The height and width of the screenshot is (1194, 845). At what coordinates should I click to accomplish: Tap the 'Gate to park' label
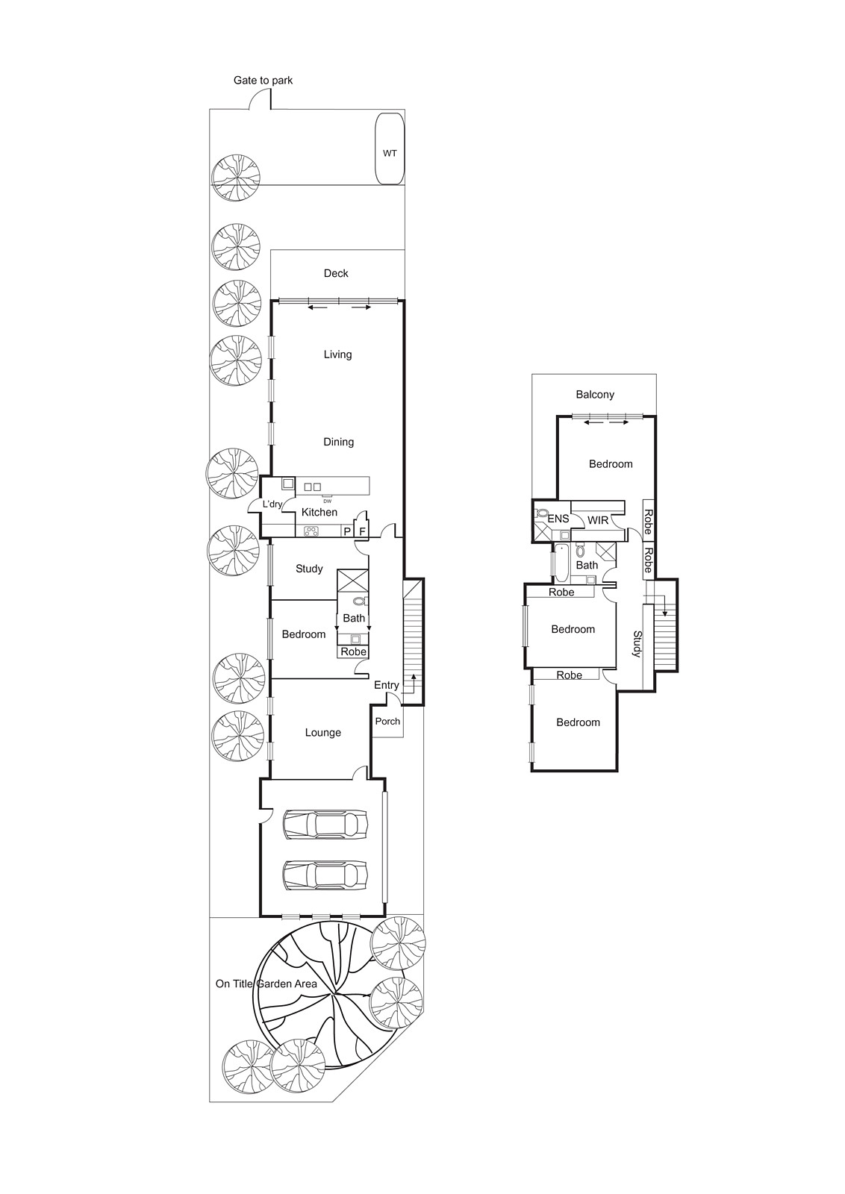click(x=263, y=81)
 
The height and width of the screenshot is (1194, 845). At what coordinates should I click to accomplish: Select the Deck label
click(x=336, y=274)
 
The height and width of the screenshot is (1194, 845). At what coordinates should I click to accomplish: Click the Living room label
click(x=337, y=354)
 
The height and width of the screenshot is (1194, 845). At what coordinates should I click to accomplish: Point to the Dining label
click(x=338, y=442)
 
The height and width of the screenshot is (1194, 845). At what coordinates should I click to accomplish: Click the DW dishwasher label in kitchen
click(x=327, y=501)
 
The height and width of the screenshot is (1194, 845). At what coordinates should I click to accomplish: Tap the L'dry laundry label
click(x=272, y=504)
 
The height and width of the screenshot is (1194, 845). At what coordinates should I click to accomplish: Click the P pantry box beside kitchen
click(x=347, y=531)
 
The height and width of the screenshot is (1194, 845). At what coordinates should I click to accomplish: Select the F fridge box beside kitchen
click(x=362, y=531)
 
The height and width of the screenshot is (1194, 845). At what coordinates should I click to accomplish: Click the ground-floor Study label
click(x=309, y=569)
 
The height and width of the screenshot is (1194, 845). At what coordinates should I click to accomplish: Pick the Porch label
click(x=387, y=722)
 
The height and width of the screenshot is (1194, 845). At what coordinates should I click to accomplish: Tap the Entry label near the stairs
click(x=387, y=685)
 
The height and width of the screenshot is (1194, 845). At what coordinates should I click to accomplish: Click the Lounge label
click(x=322, y=733)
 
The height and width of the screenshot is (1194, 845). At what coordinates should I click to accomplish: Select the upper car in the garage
click(x=325, y=825)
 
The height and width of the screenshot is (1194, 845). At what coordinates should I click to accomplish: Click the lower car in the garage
click(x=325, y=875)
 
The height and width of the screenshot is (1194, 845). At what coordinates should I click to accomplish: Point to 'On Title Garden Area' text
click(x=266, y=984)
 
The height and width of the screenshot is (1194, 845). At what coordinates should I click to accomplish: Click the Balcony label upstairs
click(x=595, y=395)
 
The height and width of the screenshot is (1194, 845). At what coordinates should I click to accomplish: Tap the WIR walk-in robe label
click(x=598, y=520)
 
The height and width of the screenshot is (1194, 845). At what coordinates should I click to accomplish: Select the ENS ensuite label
click(x=558, y=519)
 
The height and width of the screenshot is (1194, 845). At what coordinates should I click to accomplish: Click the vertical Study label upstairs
click(x=637, y=644)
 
